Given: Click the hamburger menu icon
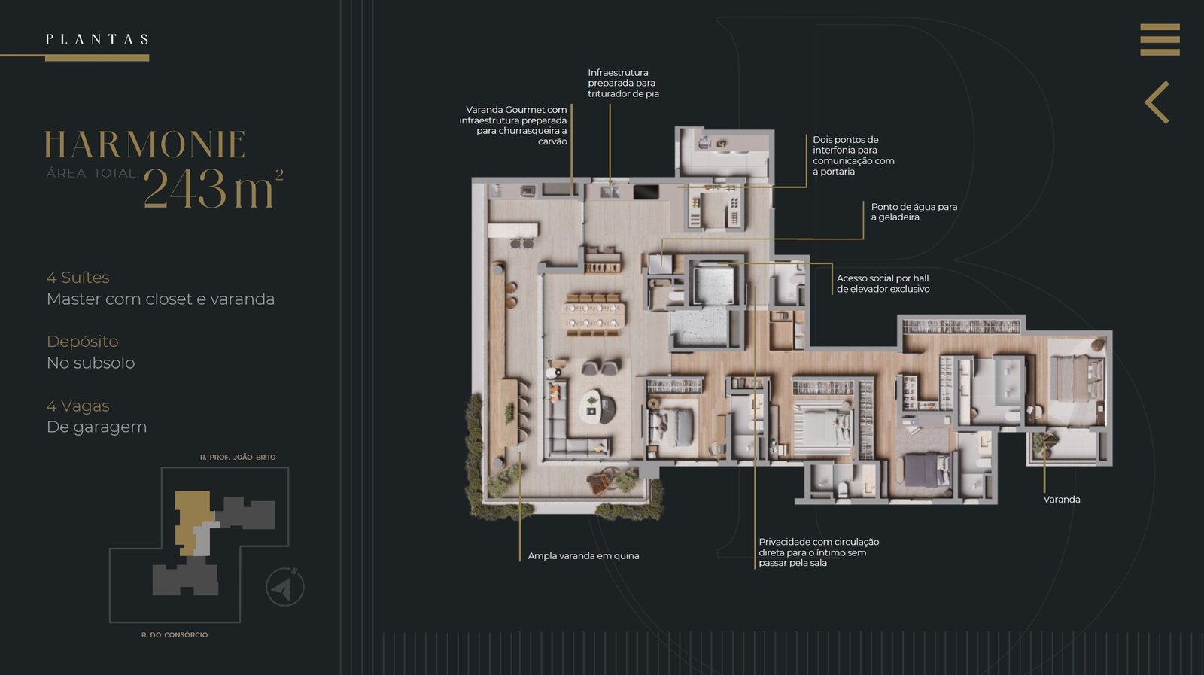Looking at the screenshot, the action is pos(1160,39).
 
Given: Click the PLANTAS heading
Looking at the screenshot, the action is pos(97,39).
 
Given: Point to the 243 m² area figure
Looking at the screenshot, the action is pos(213,187).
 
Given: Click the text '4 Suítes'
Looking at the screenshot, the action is pos(78,278).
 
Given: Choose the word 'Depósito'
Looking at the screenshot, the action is pos(82,342).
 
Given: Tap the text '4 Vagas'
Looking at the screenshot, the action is pos(78,406).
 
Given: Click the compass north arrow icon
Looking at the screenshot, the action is pos(285,587).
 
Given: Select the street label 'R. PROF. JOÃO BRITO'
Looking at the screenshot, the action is pos(238,458).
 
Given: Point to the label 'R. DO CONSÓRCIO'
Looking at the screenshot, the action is pos(174,634).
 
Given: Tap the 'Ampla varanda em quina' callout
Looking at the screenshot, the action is pos(583,555).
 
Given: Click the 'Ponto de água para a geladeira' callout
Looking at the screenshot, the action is pos(914,211).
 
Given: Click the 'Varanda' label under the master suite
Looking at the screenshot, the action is pos(1062,499).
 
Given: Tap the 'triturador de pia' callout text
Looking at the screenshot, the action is pos(624,93).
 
